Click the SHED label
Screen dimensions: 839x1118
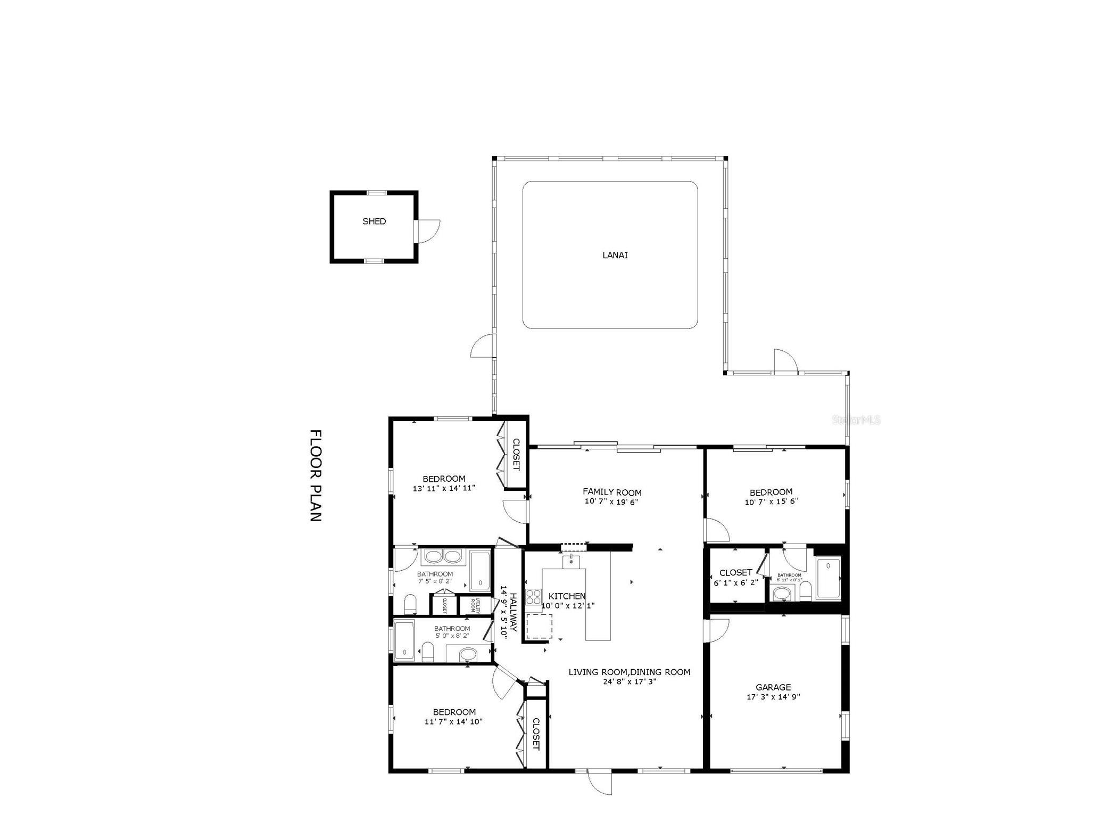tap(374, 221)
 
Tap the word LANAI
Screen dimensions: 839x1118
tap(615, 255)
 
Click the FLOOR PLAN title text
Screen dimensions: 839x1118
tap(316, 475)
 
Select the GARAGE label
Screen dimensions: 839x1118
tap(773, 687)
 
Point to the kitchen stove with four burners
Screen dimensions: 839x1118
tap(533, 597)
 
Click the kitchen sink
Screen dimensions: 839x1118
tap(571, 560)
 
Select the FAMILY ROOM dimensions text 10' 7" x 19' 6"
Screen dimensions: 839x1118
tap(611, 501)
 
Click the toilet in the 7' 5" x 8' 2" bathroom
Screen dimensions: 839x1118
tap(410, 604)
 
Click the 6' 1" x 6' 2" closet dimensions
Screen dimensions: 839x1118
tap(735, 583)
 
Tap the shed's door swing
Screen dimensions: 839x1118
tap(429, 231)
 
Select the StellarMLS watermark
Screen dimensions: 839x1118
tap(856, 420)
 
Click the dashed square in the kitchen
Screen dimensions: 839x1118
tap(539, 626)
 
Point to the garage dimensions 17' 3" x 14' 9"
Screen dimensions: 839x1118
tap(773, 697)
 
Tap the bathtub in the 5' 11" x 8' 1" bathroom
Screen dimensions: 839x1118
tap(828, 579)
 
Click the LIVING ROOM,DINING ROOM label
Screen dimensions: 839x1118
tap(629, 672)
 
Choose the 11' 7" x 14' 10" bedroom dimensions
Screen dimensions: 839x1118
tap(453, 722)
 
